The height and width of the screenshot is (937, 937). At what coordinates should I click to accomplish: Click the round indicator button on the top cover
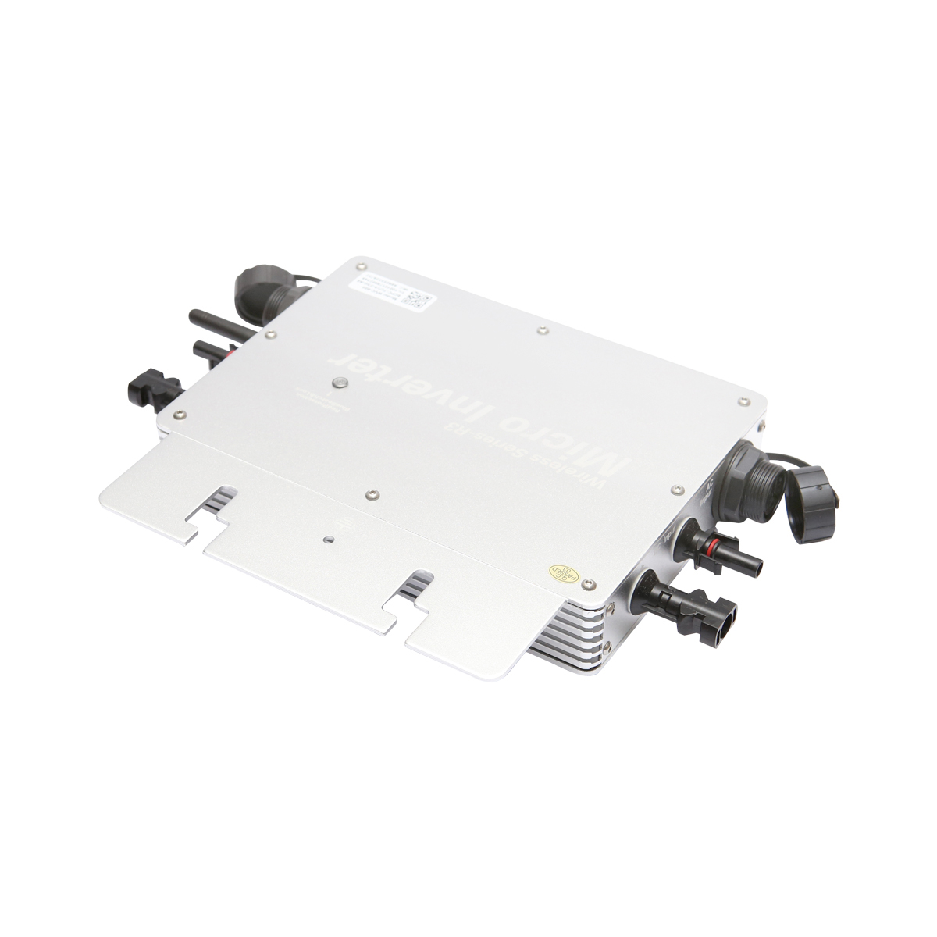coord(340,383)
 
